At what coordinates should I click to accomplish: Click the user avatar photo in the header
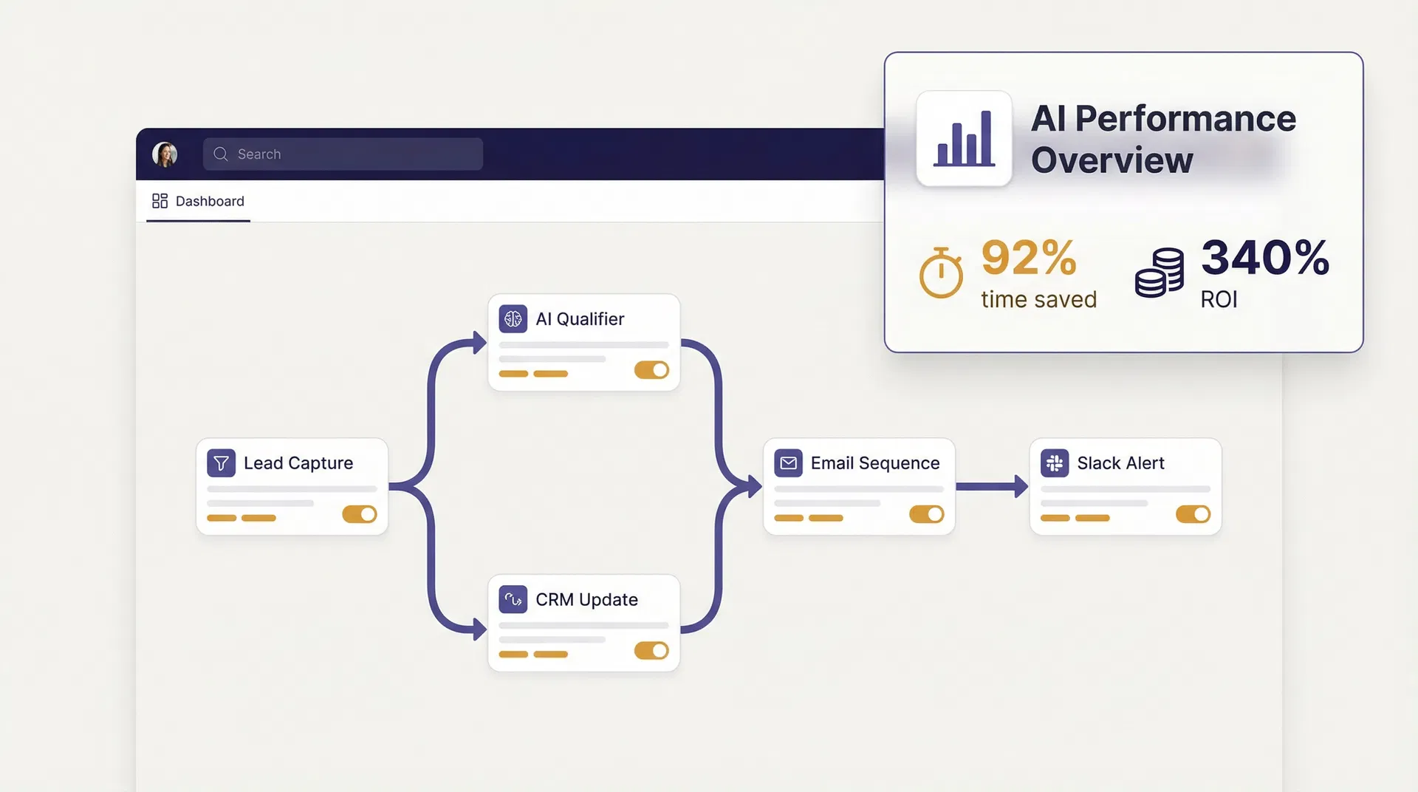165,154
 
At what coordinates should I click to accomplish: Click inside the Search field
343,154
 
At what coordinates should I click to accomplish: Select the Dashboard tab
198,201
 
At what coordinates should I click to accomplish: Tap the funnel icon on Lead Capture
221,463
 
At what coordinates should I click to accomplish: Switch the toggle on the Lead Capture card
360,514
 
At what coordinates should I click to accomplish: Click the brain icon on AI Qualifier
513,319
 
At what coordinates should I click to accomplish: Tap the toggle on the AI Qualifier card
651,370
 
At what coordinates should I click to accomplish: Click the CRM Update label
586,599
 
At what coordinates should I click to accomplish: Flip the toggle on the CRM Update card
651,651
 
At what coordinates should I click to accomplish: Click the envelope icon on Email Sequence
788,463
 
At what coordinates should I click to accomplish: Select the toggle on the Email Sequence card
926,514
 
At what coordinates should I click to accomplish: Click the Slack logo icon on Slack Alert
1055,463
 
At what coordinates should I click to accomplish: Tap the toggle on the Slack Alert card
1193,514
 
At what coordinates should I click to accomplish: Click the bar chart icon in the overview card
964,138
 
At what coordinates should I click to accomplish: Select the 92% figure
1028,258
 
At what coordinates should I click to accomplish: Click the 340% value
1265,258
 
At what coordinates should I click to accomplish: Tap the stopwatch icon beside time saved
941,273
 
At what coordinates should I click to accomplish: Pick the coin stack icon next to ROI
1160,273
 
